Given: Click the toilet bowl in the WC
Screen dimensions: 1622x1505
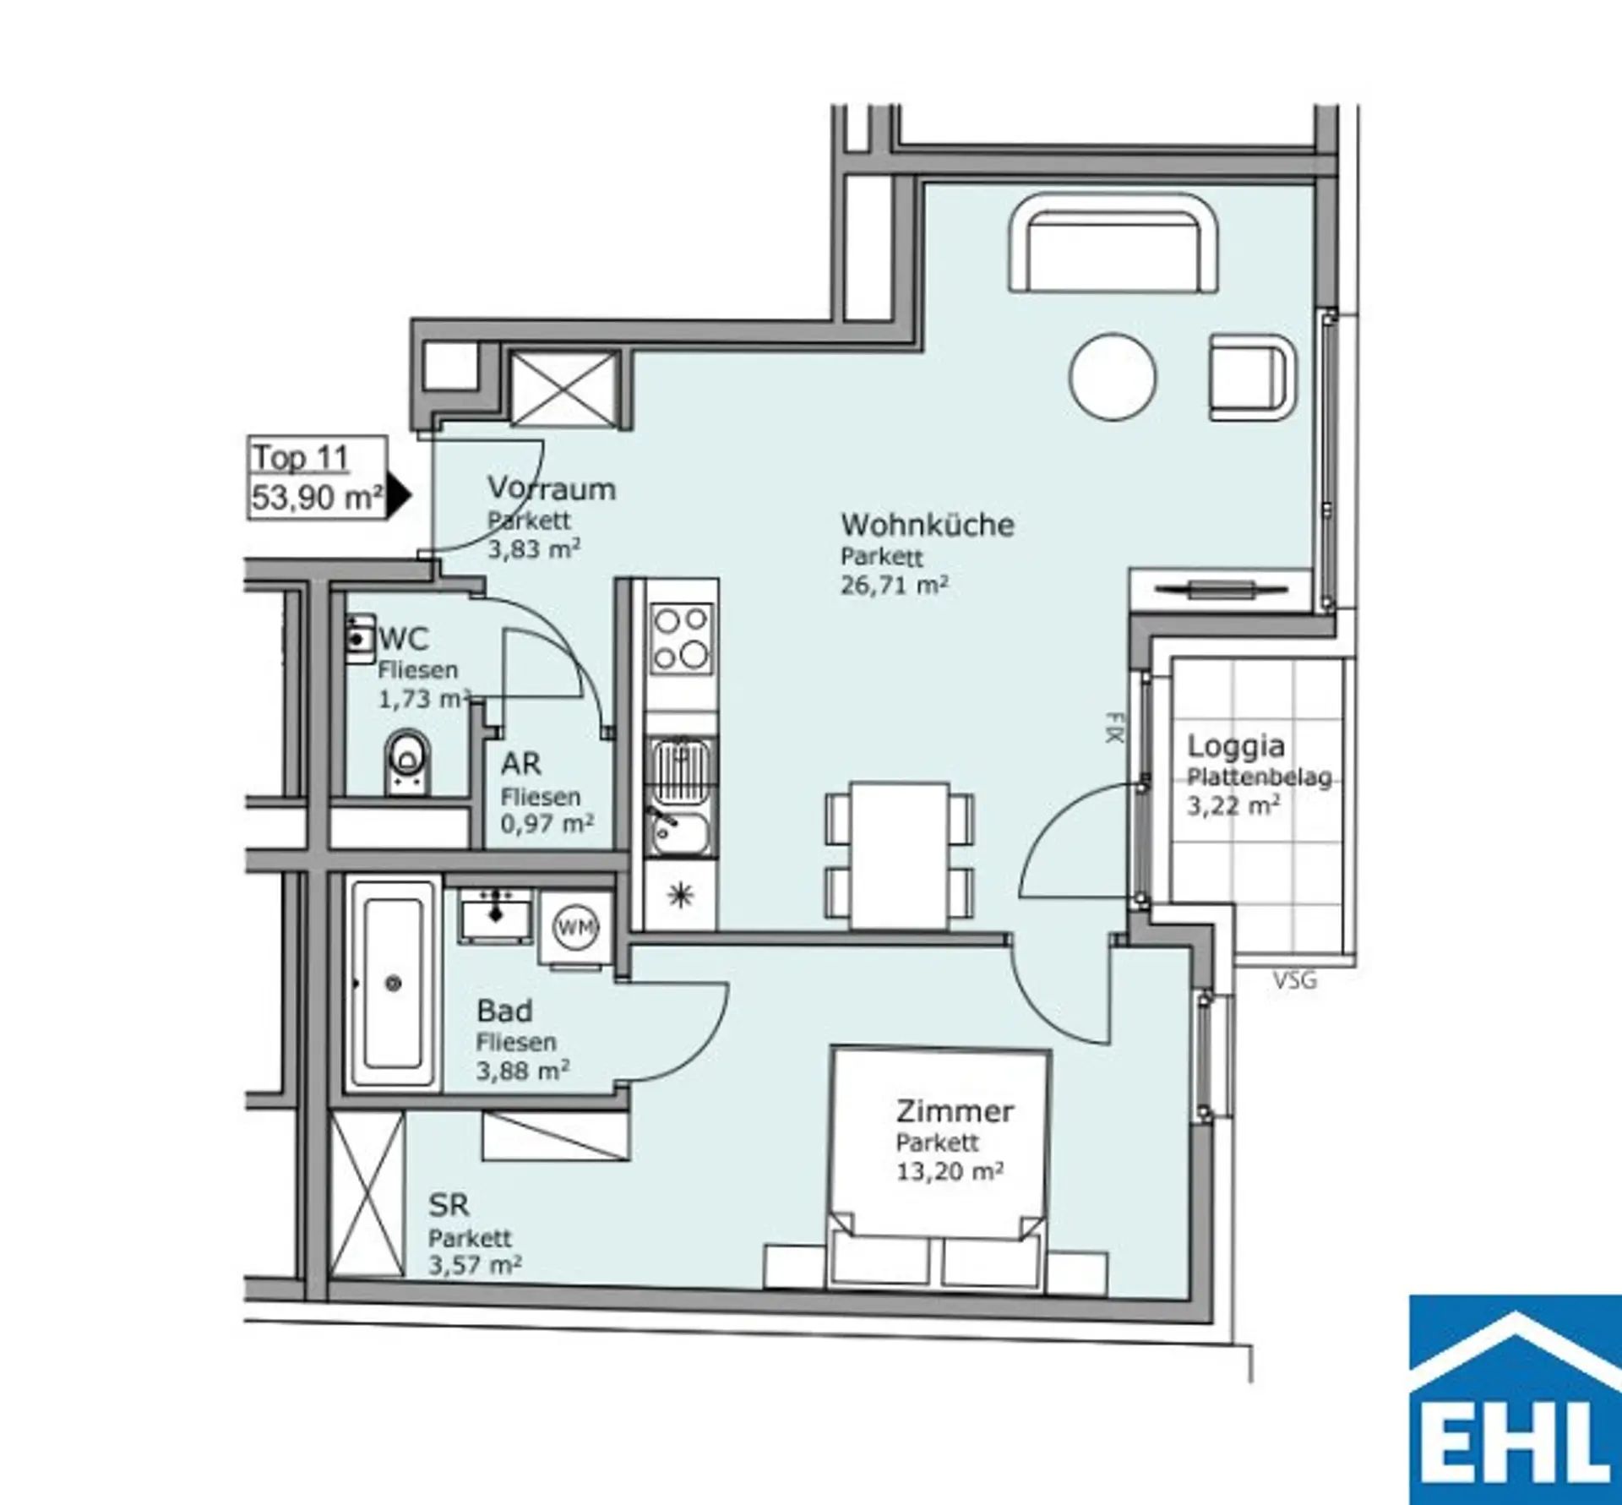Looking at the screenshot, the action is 406,762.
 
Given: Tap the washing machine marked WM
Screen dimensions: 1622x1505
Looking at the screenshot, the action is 576,927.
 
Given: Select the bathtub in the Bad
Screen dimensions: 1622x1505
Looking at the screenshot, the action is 393,984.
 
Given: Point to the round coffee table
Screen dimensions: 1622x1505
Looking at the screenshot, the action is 1112,377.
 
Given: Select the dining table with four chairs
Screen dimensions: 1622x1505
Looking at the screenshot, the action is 900,855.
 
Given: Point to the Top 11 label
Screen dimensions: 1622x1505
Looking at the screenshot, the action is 301,457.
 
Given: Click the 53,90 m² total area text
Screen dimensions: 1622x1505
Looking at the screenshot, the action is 317,497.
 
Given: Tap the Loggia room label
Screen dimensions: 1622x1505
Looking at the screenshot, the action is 1236,746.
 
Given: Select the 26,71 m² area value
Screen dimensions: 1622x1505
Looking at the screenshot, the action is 894,585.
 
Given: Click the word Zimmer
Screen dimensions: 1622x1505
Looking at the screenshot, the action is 955,1110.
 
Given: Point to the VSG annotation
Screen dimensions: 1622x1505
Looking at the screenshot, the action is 1294,981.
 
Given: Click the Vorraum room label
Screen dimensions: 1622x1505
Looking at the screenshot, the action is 552,488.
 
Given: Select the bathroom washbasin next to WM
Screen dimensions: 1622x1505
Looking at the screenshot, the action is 496,915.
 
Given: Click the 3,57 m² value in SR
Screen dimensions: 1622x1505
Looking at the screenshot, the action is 475,1265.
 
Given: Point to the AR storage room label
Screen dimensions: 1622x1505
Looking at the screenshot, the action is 520,764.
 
